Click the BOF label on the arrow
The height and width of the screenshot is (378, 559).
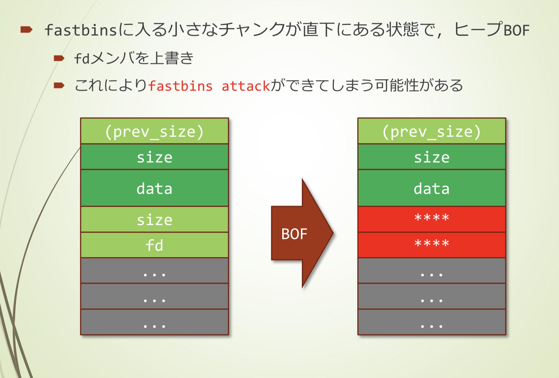(x=294, y=234)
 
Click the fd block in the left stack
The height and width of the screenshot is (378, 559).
(x=154, y=245)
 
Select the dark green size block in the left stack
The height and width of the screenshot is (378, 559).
(x=154, y=157)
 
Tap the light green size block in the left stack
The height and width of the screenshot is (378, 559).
(x=154, y=220)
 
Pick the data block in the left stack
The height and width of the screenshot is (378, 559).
(x=154, y=188)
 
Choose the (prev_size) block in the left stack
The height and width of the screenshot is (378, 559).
(x=154, y=131)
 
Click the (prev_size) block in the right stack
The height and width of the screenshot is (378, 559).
(x=432, y=131)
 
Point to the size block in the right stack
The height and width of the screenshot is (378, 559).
(x=432, y=157)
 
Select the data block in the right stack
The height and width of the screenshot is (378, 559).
(x=432, y=188)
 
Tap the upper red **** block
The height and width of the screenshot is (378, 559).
(x=432, y=219)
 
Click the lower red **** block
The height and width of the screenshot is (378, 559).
(x=432, y=245)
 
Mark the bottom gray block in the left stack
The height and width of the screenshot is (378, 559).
(x=154, y=322)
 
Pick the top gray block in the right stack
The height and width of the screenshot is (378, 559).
(x=432, y=271)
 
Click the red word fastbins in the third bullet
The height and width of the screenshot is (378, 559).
(x=181, y=86)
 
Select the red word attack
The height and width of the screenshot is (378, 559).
(x=246, y=86)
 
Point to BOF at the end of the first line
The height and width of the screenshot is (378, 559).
(x=517, y=30)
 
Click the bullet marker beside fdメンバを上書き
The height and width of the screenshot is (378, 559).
(x=59, y=58)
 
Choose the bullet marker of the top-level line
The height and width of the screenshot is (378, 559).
(x=26, y=29)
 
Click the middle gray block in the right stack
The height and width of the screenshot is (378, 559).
(x=432, y=297)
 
